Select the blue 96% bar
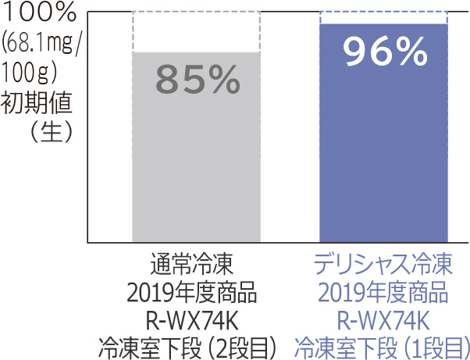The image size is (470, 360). pyautogui.click(x=383, y=156)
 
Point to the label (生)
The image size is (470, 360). pyautogui.click(x=47, y=130)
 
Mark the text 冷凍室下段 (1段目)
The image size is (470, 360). pyautogui.click(x=383, y=346)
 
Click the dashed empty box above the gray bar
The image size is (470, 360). pyautogui.click(x=196, y=32)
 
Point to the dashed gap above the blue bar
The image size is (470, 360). pyautogui.click(x=383, y=18)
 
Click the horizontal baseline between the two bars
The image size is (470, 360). pyautogui.click(x=290, y=241)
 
